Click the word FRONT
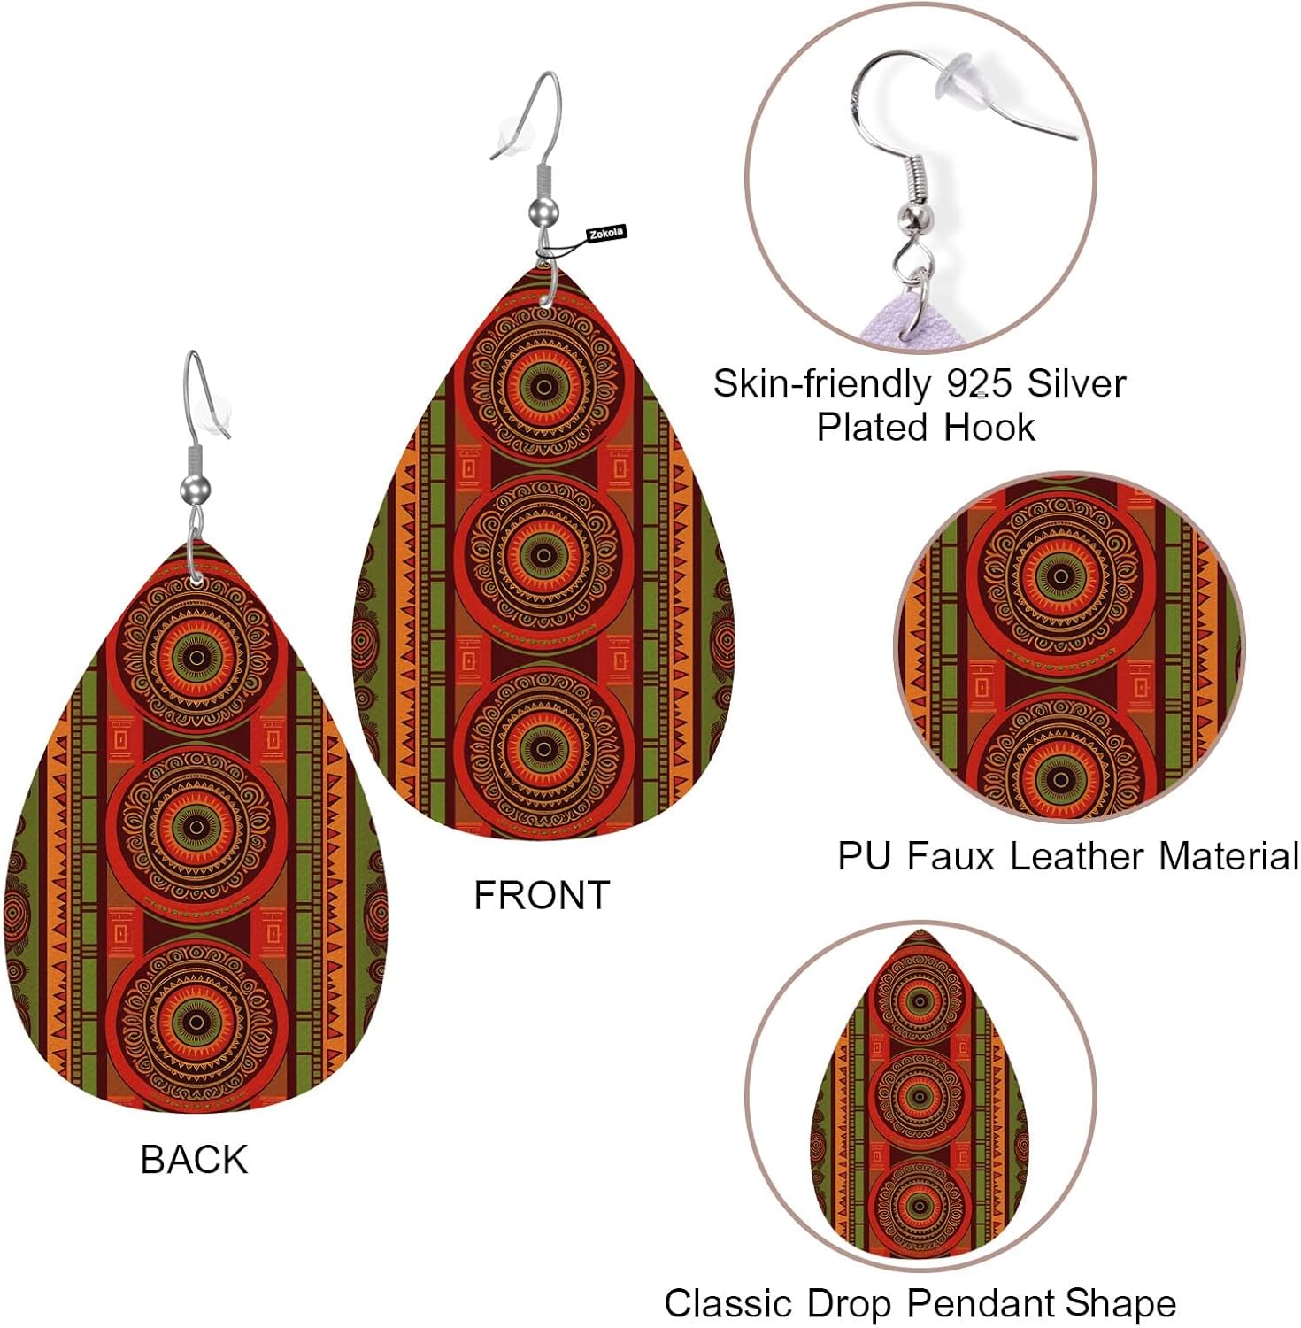coord(542,895)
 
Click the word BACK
coord(194,1160)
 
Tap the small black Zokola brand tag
coord(606,233)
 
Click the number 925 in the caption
coord(979,383)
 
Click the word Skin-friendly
coord(821,383)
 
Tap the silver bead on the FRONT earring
coord(543,212)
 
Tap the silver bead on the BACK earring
coord(195,488)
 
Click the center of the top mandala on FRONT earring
coord(543,384)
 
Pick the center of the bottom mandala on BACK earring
coord(196,1022)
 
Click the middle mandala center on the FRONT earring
coord(543,555)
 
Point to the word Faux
coord(951,856)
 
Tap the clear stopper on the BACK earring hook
coord(216,414)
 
